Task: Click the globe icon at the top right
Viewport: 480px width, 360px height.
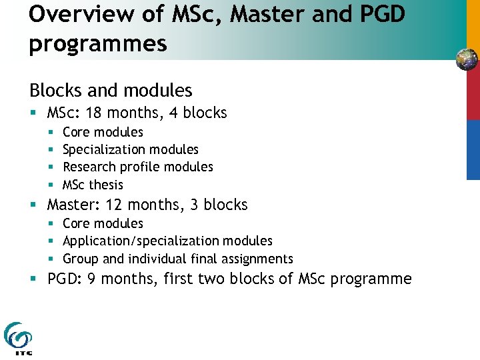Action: pyautogui.click(x=467, y=60)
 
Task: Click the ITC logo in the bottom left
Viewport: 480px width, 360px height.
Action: pyautogui.click(x=18, y=338)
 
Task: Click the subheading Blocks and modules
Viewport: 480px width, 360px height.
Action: pyautogui.click(x=111, y=90)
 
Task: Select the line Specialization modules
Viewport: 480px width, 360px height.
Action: pyautogui.click(x=130, y=149)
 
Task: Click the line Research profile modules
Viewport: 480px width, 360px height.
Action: pyautogui.click(x=137, y=167)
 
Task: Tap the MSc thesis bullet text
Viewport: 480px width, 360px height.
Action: pyautogui.click(x=93, y=185)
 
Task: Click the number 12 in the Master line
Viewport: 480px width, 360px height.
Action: pyautogui.click(x=112, y=205)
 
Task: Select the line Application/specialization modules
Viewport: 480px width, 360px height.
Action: pyautogui.click(x=167, y=241)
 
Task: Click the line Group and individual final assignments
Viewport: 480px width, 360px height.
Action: pyautogui.click(x=177, y=259)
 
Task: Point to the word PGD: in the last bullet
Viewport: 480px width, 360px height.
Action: pyautogui.click(x=64, y=279)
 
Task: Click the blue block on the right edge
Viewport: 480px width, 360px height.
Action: pyautogui.click(x=472, y=149)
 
